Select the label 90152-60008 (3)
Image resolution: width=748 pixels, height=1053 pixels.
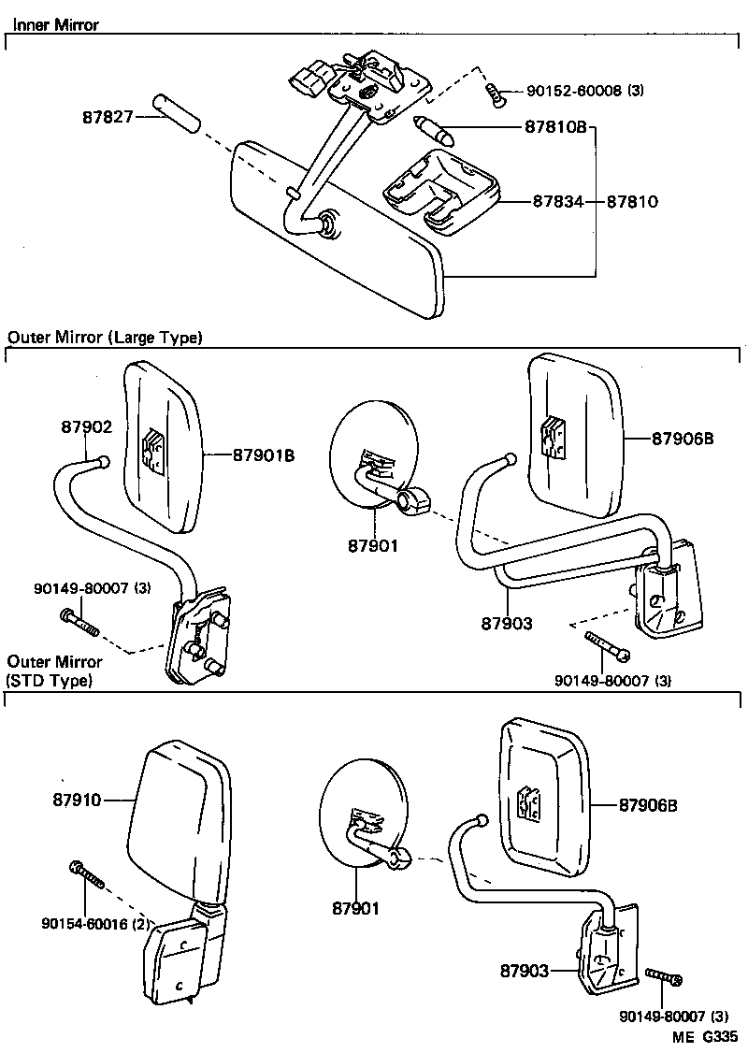click(585, 91)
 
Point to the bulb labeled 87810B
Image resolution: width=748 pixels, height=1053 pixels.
click(435, 130)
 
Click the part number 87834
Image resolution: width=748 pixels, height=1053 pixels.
click(558, 201)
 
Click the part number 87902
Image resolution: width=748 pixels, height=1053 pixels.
click(87, 426)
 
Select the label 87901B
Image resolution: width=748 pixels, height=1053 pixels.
click(264, 455)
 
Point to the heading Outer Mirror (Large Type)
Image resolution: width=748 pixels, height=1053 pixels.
click(105, 338)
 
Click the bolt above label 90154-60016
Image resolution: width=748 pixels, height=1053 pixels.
click(86, 874)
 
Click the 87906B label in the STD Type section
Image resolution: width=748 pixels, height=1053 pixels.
click(646, 805)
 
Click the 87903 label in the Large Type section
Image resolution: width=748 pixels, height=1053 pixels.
click(507, 623)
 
